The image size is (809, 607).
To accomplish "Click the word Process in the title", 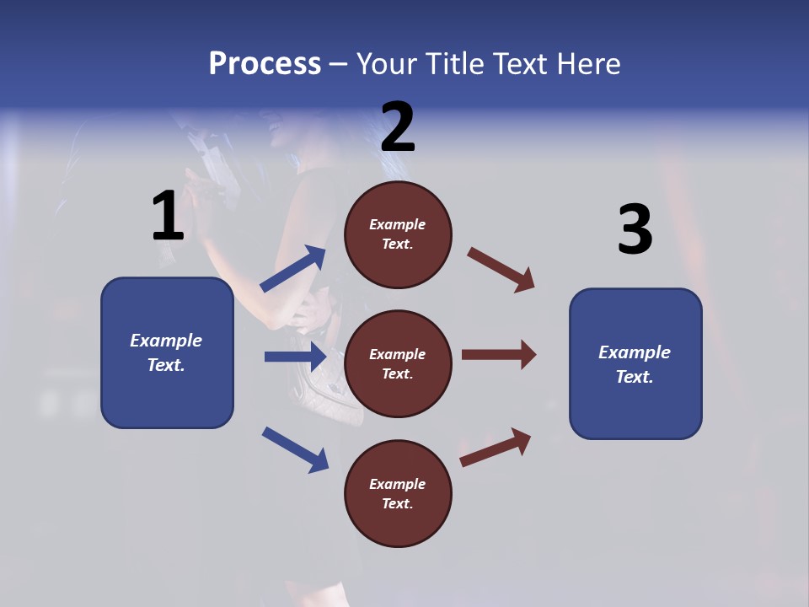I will click(265, 64).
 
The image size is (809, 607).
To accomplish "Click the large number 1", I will click(168, 217).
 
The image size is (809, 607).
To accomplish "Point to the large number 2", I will click(398, 127).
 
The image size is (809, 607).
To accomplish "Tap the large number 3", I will click(635, 229).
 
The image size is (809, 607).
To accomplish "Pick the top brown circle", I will click(398, 234).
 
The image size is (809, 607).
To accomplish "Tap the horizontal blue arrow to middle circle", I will click(295, 357).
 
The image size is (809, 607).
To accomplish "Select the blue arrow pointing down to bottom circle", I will click(295, 449).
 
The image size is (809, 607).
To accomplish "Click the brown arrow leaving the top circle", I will click(501, 270).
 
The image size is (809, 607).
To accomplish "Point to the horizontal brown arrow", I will click(499, 355).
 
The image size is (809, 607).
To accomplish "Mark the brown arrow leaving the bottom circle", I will click(496, 447).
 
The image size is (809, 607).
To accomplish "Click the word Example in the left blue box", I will click(166, 341).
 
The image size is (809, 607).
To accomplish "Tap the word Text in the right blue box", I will click(633, 377).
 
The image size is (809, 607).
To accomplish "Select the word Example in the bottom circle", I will click(398, 484).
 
